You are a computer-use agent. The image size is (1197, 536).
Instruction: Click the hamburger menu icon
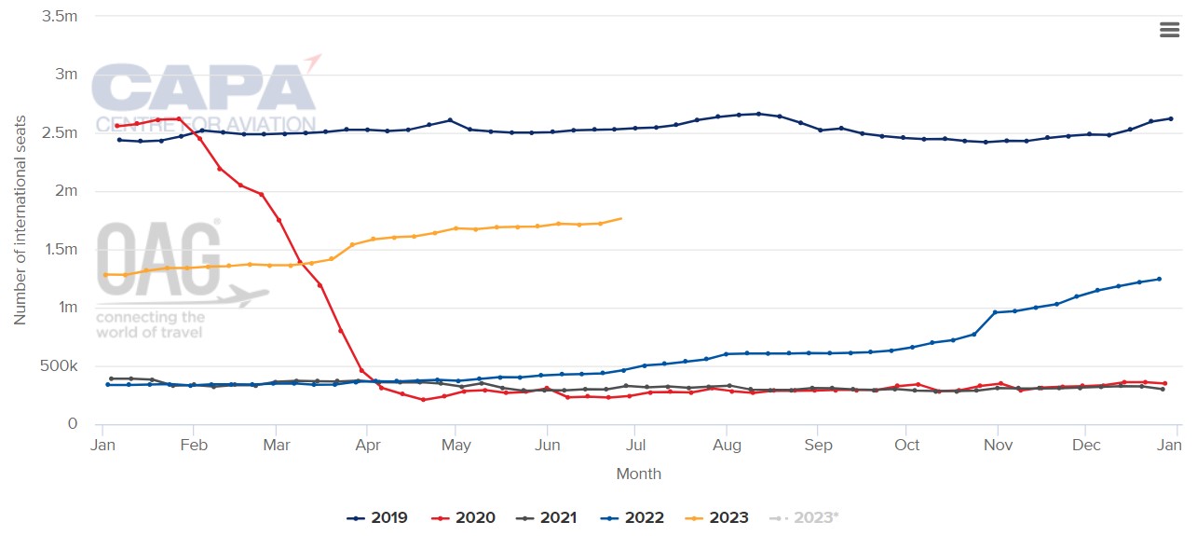(x=1169, y=29)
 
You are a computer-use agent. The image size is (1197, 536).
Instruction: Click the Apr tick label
(x=368, y=445)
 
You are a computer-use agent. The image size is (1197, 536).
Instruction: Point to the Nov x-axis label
(x=998, y=445)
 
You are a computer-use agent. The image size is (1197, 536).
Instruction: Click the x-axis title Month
(x=638, y=474)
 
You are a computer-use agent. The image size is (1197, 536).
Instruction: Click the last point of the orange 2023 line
(x=620, y=218)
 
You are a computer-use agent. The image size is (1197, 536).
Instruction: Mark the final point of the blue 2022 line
(x=1159, y=279)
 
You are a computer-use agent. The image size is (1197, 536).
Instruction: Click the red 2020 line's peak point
(x=178, y=118)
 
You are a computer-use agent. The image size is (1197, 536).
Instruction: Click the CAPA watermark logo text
(x=205, y=91)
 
